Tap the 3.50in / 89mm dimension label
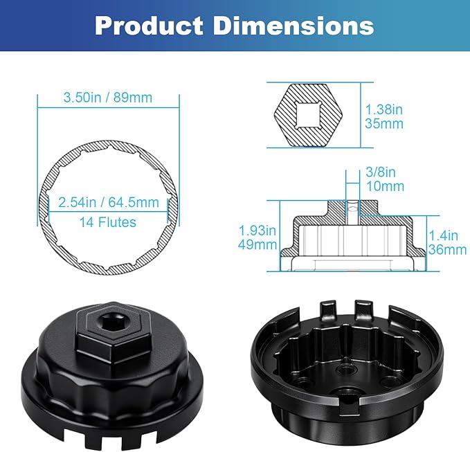[x=107, y=98]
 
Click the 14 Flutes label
[x=107, y=222]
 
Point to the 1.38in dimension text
[x=384, y=109]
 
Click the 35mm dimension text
[x=384, y=124]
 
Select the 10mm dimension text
[x=384, y=187]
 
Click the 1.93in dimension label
[x=257, y=229]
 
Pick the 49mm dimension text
[x=257, y=244]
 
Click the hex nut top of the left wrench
[x=111, y=330]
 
